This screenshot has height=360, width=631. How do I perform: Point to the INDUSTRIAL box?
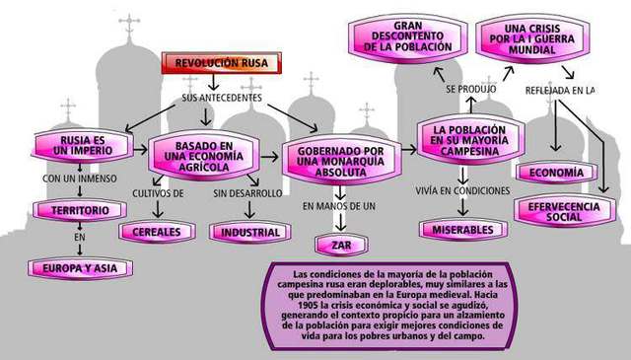[x=249, y=233]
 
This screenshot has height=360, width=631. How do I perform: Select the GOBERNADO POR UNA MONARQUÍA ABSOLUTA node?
[x=339, y=159]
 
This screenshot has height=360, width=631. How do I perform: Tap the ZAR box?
[x=339, y=243]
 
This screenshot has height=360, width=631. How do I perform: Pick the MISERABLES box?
[x=462, y=230]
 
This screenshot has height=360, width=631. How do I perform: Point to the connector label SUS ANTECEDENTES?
[x=222, y=98]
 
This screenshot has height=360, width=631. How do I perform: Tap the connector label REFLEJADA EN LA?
[x=560, y=90]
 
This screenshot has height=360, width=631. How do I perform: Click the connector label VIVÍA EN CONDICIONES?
[x=462, y=190]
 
